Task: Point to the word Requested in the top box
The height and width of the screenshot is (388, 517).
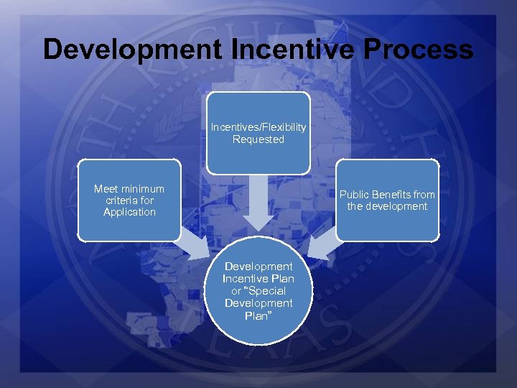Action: [258, 139]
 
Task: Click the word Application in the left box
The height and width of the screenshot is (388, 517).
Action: [129, 212]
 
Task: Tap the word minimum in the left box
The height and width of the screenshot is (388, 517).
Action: [143, 189]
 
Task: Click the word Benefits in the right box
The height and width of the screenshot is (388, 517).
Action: [392, 195]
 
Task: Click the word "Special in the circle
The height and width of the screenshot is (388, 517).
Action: [266, 291]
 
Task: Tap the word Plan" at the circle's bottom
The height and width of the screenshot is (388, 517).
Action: [258, 315]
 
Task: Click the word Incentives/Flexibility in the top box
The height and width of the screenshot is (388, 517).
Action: [258, 127]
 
